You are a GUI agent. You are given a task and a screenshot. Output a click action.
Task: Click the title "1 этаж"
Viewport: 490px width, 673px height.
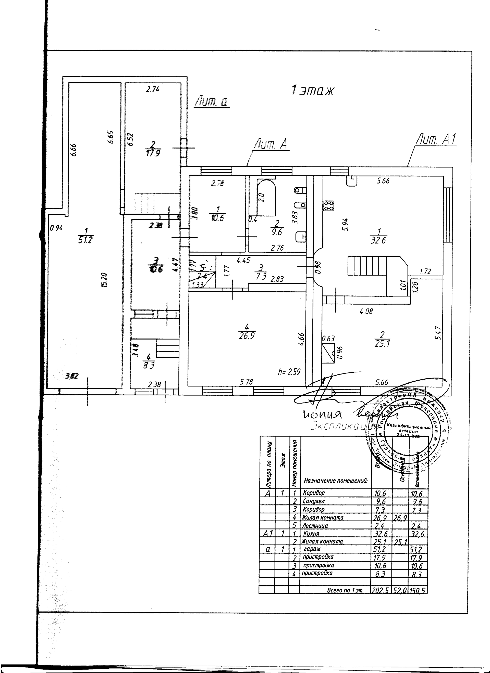[x=312, y=90]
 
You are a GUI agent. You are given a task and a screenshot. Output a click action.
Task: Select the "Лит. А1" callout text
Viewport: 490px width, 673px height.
[x=436, y=140]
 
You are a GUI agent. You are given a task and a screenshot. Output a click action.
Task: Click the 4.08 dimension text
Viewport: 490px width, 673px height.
[x=366, y=311]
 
